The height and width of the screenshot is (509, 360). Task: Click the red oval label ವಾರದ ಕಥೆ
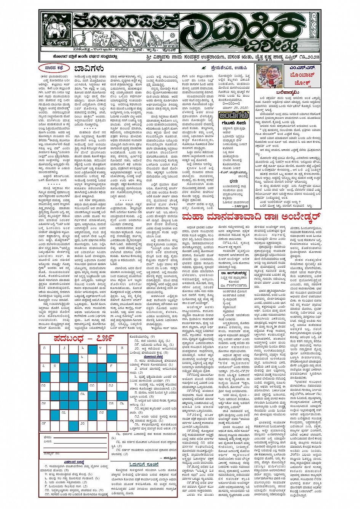click(x=54, y=69)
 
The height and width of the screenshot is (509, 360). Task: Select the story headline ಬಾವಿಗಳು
click(x=89, y=69)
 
